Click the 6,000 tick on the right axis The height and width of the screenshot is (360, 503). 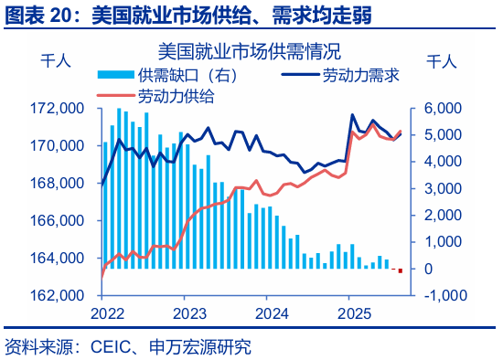pos(440,109)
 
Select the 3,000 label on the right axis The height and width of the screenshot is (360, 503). pos(440,189)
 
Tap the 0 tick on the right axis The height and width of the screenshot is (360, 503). pos(427,270)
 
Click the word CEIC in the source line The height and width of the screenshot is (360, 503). pos(110,347)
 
